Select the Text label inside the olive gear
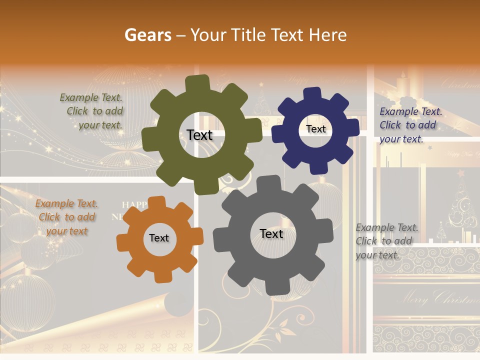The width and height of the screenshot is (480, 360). click(199, 135)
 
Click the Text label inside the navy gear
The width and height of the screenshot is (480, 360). click(315, 129)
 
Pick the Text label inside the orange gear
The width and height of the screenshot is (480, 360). click(159, 238)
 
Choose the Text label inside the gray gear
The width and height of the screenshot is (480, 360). click(271, 233)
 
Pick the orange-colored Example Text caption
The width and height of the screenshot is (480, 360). click(66, 217)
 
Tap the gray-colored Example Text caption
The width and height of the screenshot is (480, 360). click(384, 241)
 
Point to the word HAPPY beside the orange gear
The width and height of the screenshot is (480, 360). click(135, 204)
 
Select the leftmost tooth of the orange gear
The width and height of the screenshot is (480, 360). click(123, 242)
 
